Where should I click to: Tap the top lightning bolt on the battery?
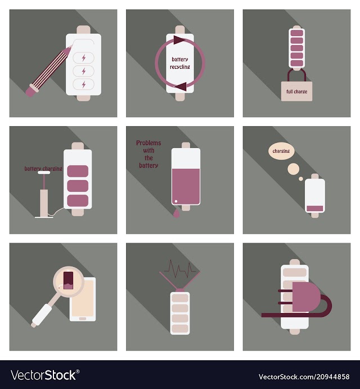[84, 58]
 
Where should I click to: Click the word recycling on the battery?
[180, 67]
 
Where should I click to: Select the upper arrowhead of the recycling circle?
[179, 40]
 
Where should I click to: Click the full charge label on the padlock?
[296, 92]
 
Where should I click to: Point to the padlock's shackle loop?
[296, 72]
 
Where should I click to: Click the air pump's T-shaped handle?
[44, 173]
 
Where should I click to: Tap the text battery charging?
[43, 169]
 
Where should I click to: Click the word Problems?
[148, 143]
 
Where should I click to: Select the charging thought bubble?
[281, 151]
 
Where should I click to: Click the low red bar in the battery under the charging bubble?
[315, 208]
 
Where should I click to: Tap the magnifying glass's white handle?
[42, 315]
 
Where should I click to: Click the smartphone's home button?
[83, 319]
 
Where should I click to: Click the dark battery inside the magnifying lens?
[69, 280]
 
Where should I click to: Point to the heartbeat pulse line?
[180, 269]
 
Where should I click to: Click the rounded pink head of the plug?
[305, 297]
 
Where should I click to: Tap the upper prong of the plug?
[285, 291]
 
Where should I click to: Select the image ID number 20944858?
[332, 377]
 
